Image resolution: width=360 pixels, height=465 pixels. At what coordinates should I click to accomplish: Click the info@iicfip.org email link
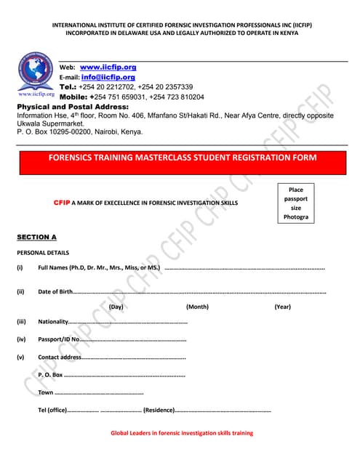click(108, 77)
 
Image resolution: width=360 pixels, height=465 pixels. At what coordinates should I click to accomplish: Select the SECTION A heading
click(36, 238)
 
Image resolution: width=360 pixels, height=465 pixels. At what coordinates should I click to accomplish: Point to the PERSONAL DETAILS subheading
click(43, 253)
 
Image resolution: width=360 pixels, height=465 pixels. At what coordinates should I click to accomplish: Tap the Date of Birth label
click(55, 292)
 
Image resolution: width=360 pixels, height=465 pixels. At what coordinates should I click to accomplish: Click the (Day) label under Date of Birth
click(116, 307)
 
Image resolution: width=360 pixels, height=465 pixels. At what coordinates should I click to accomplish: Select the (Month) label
click(197, 307)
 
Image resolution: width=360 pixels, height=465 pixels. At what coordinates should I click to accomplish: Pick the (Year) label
click(282, 307)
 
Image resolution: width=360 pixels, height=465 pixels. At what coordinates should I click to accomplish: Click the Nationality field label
click(52, 322)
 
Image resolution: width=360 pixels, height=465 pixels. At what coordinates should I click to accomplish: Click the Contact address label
click(60, 357)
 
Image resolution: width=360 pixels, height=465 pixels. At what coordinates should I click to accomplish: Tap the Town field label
click(46, 393)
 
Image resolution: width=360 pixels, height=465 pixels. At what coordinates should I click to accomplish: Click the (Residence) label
click(159, 411)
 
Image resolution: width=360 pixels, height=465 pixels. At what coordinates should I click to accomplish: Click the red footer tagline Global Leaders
click(182, 433)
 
